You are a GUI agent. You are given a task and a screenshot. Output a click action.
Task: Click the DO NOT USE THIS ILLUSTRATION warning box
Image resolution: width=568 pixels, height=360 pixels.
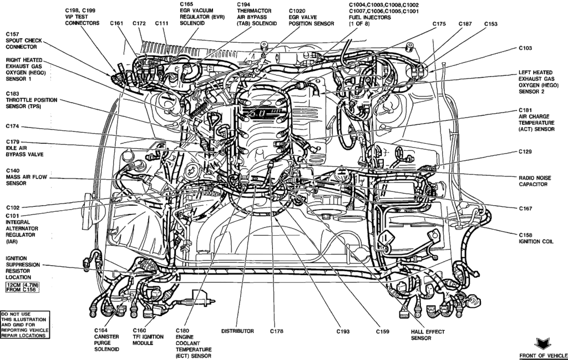click(25, 324)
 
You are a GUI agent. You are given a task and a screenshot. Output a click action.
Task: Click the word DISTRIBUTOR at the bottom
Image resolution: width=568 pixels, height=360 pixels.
click(237, 331)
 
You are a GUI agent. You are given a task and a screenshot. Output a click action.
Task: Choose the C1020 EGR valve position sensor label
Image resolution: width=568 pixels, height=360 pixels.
click(311, 17)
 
